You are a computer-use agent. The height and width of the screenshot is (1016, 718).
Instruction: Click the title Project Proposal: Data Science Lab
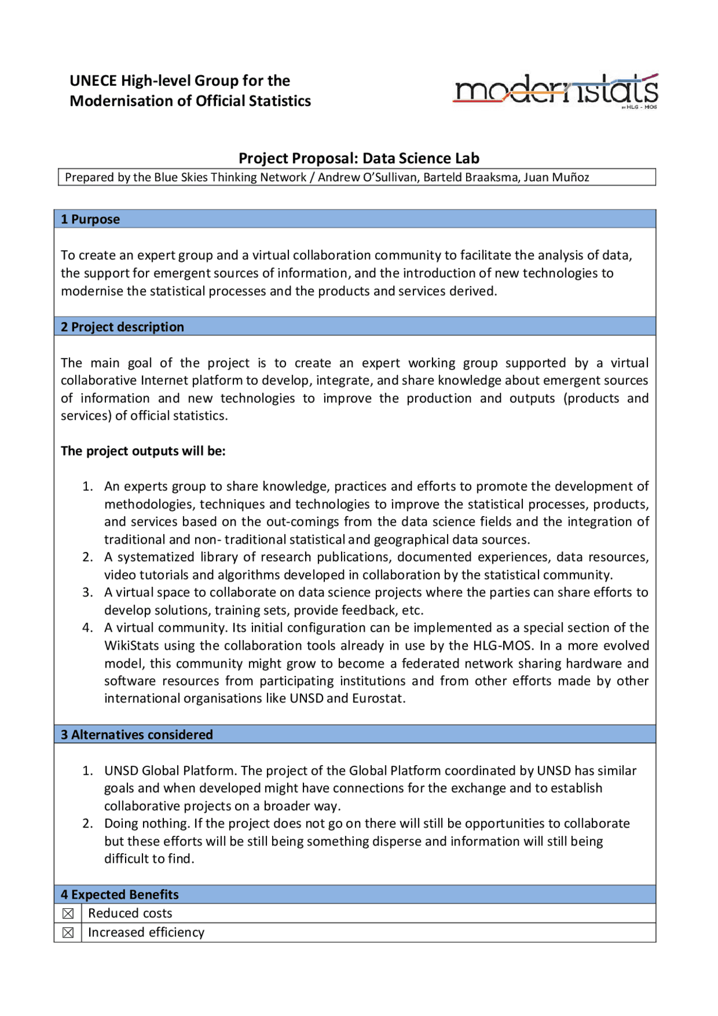pos(359,158)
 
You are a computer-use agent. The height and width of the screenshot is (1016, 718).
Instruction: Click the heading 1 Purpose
pos(90,219)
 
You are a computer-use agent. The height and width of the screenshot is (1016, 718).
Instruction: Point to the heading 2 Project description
pos(122,327)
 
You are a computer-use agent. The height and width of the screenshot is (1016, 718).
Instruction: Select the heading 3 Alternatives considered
pos(137,735)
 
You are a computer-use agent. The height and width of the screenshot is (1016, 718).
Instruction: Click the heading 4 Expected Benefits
pos(119,895)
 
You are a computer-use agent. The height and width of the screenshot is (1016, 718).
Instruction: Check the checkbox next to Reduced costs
pos(68,914)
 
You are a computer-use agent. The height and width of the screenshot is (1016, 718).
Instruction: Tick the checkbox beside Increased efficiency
pos(68,933)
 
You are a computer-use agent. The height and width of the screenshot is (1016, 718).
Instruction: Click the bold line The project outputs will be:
pos(143,451)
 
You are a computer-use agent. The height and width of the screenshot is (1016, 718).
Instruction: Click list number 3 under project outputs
pos(88,592)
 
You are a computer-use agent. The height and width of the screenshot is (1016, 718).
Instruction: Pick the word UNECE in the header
pos(93,81)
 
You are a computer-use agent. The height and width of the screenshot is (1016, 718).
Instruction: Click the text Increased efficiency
pos(146,932)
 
